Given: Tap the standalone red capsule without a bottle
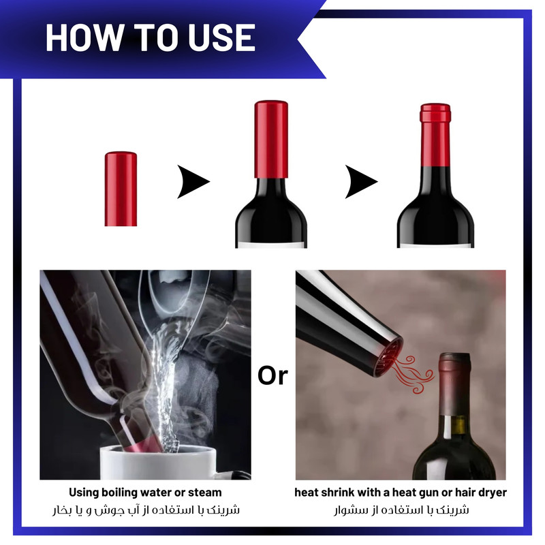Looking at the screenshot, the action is tap(121, 189).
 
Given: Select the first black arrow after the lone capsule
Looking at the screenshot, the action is tap(193, 181).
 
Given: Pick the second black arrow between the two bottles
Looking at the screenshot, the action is tap(361, 181).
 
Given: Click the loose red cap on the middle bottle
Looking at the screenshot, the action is tap(271, 139).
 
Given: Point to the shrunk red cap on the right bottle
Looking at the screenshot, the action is tap(435, 135).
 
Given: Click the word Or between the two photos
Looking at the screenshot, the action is tap(273, 376).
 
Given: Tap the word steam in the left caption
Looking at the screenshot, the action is tap(204, 493).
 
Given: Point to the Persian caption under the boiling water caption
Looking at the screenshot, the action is tap(146, 510).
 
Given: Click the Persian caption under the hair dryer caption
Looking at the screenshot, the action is tap(401, 510).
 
